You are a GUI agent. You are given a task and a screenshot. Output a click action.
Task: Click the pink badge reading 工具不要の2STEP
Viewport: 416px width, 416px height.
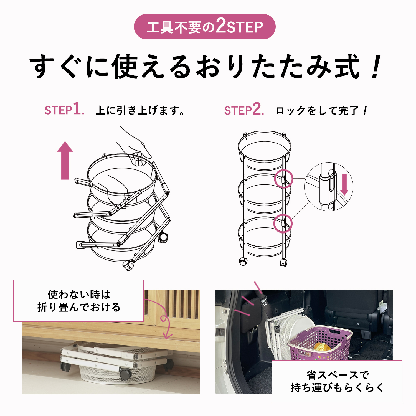coord(205,27)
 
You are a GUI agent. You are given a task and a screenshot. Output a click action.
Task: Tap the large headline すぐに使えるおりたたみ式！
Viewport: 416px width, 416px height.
coord(206,67)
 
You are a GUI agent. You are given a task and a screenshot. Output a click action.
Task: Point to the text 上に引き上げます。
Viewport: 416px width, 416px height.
coord(140,110)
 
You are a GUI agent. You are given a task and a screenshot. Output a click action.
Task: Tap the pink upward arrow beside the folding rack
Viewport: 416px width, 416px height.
coord(65,160)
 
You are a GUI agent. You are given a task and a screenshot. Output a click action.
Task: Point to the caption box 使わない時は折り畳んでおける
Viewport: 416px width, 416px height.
coord(79,301)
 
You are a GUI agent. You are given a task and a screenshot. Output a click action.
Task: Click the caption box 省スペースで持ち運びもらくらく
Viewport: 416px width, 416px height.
coord(337,381)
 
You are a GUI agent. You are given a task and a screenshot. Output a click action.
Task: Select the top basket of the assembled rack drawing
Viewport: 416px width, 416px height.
coord(265,150)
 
